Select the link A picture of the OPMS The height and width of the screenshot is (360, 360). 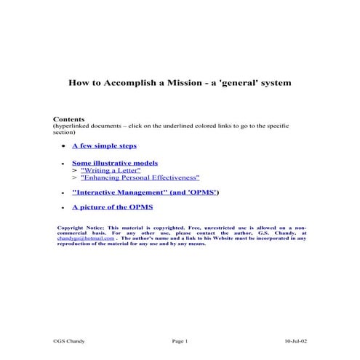(x=112, y=207)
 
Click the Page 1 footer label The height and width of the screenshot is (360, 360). (x=180, y=340)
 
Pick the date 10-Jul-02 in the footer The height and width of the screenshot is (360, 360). (x=295, y=340)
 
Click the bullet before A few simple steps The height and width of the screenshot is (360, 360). (x=65, y=146)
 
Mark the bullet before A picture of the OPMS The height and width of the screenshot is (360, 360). (x=65, y=208)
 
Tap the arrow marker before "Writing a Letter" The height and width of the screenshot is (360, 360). (x=74, y=170)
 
